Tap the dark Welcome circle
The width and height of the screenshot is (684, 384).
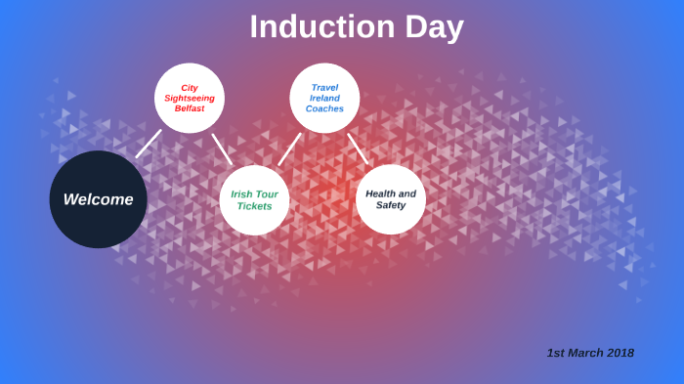[x=98, y=199]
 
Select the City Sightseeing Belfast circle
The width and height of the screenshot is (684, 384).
[x=190, y=98]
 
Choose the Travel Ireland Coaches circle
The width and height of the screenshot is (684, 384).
[x=324, y=98]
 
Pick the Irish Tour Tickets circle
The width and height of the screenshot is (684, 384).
[x=254, y=200]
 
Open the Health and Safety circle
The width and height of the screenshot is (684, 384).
[x=391, y=199]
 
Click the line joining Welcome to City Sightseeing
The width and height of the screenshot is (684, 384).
[x=148, y=144]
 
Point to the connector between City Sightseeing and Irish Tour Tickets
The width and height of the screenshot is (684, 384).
[x=223, y=149]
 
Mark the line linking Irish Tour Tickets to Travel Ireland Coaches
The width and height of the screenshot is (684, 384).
[x=289, y=149]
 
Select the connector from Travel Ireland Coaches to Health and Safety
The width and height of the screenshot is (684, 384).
[x=358, y=149]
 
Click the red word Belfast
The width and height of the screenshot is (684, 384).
[x=190, y=108]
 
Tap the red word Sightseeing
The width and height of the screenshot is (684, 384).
[x=190, y=98]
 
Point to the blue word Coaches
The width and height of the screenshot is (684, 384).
[x=324, y=108]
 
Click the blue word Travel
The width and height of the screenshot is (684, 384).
[x=324, y=87]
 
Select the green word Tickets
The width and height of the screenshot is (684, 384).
[x=254, y=206]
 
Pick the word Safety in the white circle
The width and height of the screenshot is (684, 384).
[x=391, y=205]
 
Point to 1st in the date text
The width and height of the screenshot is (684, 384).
[x=555, y=353]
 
